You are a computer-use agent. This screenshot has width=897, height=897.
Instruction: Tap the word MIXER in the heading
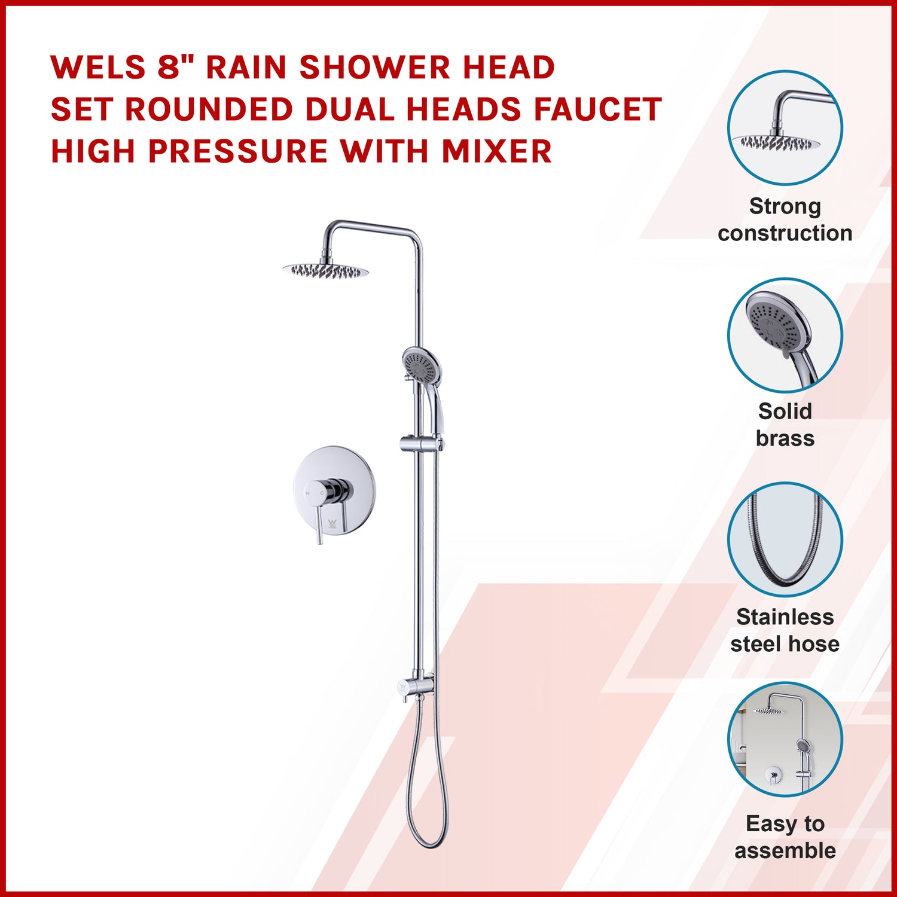point(497,151)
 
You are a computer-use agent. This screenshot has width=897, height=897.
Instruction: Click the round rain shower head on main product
point(325,271)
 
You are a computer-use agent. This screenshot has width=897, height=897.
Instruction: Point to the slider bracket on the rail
point(421,444)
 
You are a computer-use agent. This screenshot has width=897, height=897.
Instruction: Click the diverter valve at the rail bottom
point(416,687)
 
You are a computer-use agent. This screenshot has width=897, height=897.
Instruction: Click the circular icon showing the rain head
point(785,128)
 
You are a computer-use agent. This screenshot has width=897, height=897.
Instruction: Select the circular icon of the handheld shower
point(785,335)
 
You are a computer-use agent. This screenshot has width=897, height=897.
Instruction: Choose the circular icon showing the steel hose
point(785,540)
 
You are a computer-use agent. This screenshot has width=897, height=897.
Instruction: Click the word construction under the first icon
point(785,233)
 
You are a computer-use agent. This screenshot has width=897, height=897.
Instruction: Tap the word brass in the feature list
point(785,438)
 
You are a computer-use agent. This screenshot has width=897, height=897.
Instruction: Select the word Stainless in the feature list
point(785,617)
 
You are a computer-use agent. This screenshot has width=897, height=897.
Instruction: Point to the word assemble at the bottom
point(785,850)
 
